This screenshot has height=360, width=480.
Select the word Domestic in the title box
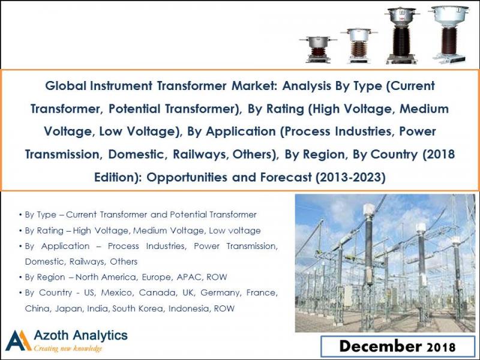pos(138,154)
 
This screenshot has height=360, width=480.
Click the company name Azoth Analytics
pos(80,335)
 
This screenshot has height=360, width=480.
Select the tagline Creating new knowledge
pos(68,349)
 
